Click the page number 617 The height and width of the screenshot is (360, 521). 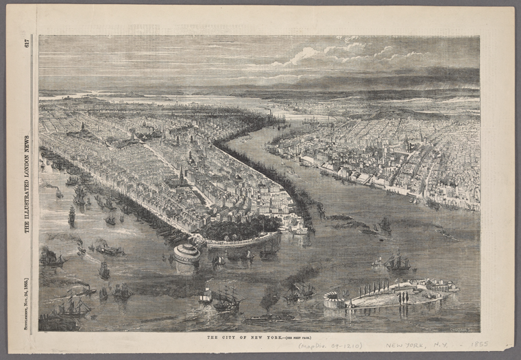coord(27,44)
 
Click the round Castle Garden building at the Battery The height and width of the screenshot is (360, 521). coord(186,252)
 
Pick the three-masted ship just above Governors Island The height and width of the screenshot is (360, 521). coord(397,261)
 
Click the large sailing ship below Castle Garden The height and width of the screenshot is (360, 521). coord(226,299)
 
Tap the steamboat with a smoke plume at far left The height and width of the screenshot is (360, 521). coord(52,258)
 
